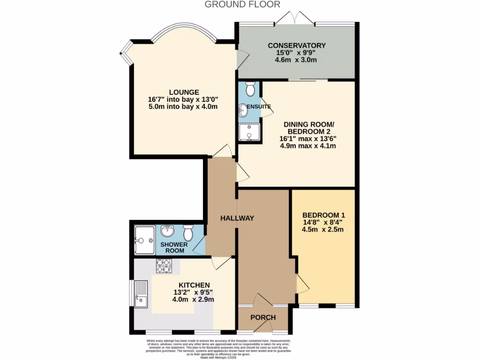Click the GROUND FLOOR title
coord(242,5)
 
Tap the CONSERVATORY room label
coord(296,45)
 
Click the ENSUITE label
coord(259,107)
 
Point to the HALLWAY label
coord(238,218)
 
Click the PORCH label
coord(263,317)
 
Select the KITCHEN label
coord(194,285)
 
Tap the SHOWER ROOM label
coord(174,247)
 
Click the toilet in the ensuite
coord(250,89)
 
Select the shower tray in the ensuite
coord(248,132)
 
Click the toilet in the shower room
coord(188,232)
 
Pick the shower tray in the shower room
coord(144,240)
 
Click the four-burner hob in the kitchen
coord(164,266)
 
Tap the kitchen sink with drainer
coord(141,294)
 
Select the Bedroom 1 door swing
coord(302,284)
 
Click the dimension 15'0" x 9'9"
coord(296,53)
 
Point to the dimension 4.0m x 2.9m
coord(194,300)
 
